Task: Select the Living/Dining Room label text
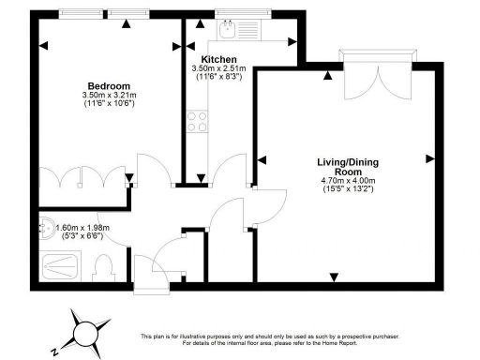345,167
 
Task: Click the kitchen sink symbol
226,32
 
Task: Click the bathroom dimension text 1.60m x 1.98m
83,227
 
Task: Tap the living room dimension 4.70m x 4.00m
345,181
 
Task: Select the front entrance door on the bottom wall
146,277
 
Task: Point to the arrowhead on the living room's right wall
429,157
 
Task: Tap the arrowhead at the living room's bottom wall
335,275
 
